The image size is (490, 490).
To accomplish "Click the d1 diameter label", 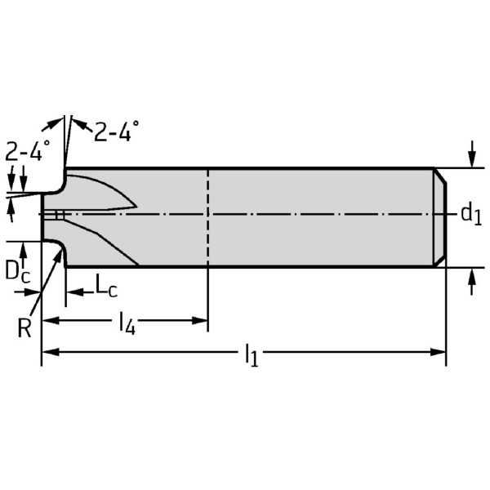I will pyautogui.click(x=469, y=215).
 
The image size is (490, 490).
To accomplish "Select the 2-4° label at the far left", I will pyautogui.click(x=27, y=151).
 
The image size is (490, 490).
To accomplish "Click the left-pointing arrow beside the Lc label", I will pyautogui.click(x=72, y=291).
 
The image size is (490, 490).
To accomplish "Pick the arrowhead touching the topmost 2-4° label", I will pyautogui.click(x=76, y=124).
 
